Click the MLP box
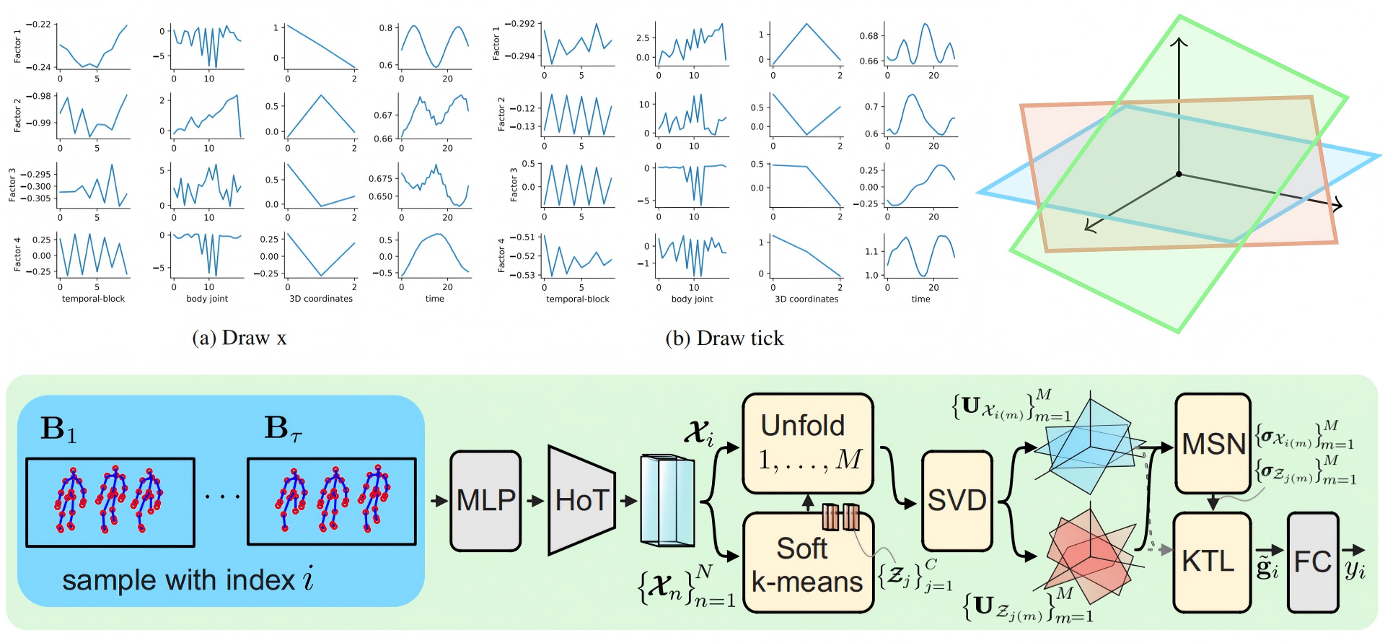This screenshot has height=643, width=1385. point(485,501)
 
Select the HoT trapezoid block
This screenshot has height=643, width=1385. point(581,501)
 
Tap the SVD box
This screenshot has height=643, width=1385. point(957,501)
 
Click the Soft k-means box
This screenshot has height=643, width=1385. point(808,563)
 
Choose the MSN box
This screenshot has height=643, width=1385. point(1213,443)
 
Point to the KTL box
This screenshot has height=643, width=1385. point(1212,561)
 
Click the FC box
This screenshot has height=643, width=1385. point(1313,561)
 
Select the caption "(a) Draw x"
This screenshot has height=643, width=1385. point(239,338)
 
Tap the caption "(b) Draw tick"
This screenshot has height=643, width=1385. point(724,338)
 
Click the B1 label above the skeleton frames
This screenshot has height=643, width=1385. point(58,429)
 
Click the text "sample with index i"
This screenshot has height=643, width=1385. point(188,580)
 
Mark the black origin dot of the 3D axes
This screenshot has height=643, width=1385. point(1179,174)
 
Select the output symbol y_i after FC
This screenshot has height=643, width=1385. point(1355,569)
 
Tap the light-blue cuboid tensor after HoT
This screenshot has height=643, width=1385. point(667,500)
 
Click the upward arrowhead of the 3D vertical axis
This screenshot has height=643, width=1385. point(1179,42)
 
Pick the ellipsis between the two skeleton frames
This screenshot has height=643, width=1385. point(221,497)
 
